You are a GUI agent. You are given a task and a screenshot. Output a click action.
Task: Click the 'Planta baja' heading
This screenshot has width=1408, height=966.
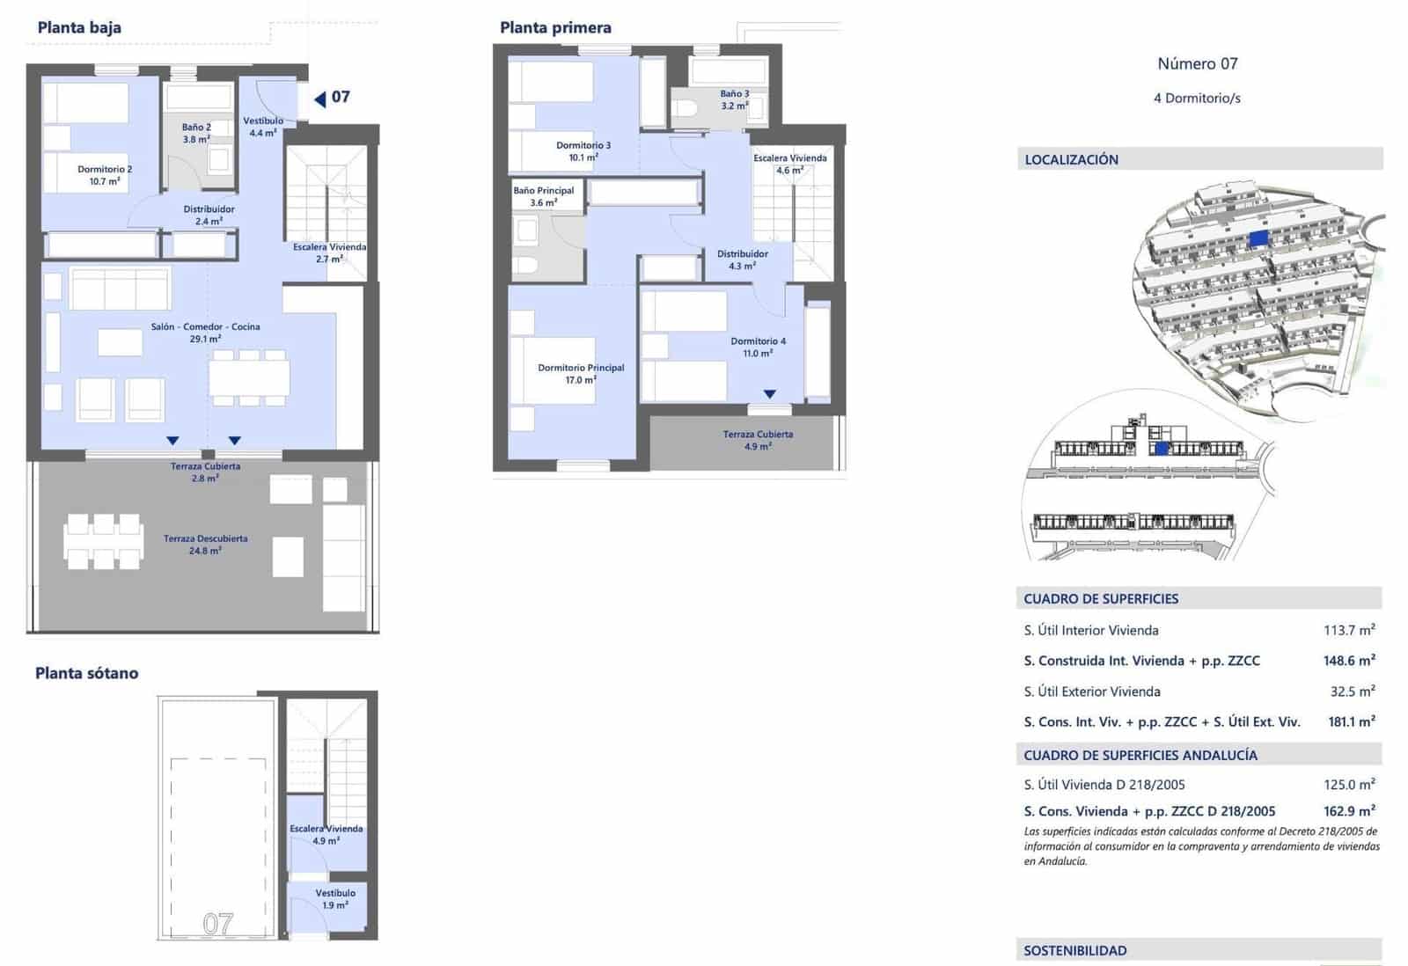click(79, 27)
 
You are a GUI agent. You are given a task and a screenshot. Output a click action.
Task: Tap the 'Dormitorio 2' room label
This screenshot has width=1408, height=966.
click(105, 170)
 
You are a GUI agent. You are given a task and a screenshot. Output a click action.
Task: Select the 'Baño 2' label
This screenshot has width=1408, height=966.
click(196, 128)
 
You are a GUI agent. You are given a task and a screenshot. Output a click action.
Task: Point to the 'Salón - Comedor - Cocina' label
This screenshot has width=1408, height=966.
click(205, 326)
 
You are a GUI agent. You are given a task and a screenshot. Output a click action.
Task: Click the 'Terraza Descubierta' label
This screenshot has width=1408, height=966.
click(205, 538)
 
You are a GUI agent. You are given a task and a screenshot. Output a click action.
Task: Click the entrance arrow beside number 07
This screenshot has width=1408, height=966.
click(320, 99)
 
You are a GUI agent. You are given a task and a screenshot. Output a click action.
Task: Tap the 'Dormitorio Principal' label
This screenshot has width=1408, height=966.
click(581, 368)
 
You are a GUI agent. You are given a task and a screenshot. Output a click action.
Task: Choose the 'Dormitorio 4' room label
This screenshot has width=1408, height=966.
click(758, 341)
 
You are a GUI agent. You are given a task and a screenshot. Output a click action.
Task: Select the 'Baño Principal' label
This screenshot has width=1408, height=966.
click(544, 191)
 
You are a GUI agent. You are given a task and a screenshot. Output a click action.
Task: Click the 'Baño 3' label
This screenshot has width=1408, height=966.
click(735, 94)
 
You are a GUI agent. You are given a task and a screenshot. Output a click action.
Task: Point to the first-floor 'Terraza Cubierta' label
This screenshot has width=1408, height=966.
click(758, 435)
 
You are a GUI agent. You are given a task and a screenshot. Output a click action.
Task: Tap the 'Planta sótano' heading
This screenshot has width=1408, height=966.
click(86, 673)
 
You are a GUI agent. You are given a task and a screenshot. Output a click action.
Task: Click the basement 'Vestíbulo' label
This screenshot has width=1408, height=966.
click(334, 893)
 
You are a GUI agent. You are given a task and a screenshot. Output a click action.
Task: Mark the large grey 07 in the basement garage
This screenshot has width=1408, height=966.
click(218, 923)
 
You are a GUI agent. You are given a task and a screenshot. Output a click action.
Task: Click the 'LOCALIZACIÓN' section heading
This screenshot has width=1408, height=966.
click(1071, 159)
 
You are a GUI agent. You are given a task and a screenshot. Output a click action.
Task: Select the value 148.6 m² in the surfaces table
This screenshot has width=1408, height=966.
click(1349, 661)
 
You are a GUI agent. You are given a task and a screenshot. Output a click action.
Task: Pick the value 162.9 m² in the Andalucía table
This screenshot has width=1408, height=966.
click(1349, 811)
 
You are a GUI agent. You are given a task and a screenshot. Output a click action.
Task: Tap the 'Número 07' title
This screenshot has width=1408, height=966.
click(1197, 63)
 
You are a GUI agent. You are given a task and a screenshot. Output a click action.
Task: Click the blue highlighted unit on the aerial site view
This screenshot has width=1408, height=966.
click(1258, 238)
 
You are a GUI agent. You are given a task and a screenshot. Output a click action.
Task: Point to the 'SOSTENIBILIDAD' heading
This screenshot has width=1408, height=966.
click(1074, 950)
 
